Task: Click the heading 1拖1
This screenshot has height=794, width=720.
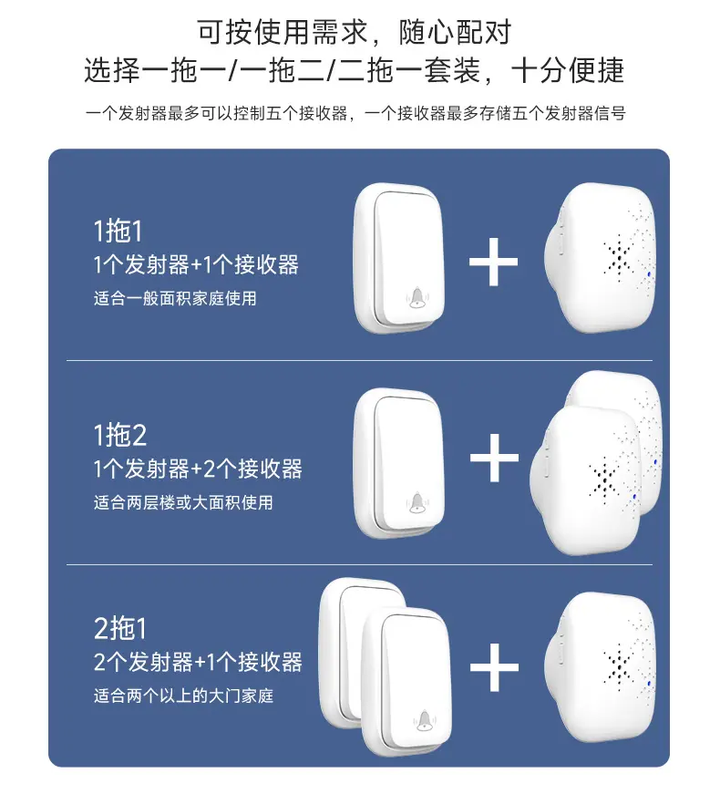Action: coord(118,231)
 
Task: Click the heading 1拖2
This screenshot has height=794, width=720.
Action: coord(120,435)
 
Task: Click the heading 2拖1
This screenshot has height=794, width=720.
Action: coord(120,628)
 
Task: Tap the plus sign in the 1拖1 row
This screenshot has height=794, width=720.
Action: coord(494,262)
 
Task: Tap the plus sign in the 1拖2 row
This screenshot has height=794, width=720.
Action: coord(494,458)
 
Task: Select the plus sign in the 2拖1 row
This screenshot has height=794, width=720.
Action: coord(494,667)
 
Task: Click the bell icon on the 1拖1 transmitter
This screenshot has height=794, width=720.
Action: coord(417,297)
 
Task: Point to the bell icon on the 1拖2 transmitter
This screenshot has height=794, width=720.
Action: coord(417,502)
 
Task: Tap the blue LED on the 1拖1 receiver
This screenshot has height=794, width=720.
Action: coord(649,275)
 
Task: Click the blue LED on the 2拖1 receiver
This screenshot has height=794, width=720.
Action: coord(649,684)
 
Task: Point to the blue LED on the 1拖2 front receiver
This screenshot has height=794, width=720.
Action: coord(634,497)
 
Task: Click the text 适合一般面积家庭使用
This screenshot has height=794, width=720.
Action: coord(175,298)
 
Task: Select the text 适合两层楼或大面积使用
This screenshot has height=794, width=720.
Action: coord(183,502)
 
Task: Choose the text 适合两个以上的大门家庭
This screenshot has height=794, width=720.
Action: coord(183,696)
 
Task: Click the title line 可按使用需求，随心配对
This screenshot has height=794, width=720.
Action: coord(354,33)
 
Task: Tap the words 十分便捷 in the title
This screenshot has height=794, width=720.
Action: coord(568,70)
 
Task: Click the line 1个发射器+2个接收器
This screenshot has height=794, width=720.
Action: coord(198,469)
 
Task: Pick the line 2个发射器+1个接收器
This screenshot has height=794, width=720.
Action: coord(198,663)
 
